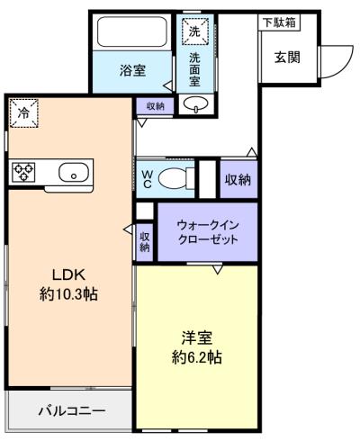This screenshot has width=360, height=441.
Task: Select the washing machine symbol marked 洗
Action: (x=195, y=31)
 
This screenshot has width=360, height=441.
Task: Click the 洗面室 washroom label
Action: (x=195, y=70)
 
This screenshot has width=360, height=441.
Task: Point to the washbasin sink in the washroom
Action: (x=193, y=104)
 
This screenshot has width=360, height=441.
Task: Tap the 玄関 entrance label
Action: (x=287, y=57)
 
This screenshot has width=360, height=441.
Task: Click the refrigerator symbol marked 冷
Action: (x=24, y=113)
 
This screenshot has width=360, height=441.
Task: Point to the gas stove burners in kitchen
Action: (x=23, y=172)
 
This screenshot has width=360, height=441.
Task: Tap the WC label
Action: (x=144, y=177)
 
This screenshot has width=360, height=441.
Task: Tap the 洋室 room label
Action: (x=196, y=338)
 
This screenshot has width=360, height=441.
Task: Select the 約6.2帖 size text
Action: (x=196, y=357)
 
